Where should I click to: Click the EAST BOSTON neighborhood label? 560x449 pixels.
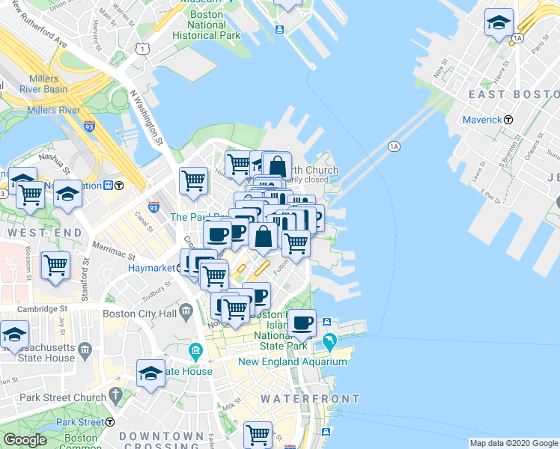pos(514,94)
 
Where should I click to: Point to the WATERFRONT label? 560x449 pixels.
pos(310,399)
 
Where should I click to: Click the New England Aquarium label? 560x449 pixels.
pos(293,361)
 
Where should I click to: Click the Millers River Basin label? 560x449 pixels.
pos(48,84)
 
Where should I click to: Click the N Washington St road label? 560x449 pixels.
pos(146,117)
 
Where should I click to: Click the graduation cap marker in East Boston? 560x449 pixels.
pos(498,22)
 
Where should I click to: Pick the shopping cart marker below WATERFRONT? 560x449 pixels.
pos(258,433)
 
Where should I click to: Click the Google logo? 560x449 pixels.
pos(25,440)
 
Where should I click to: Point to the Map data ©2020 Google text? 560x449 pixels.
pos(513,443)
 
